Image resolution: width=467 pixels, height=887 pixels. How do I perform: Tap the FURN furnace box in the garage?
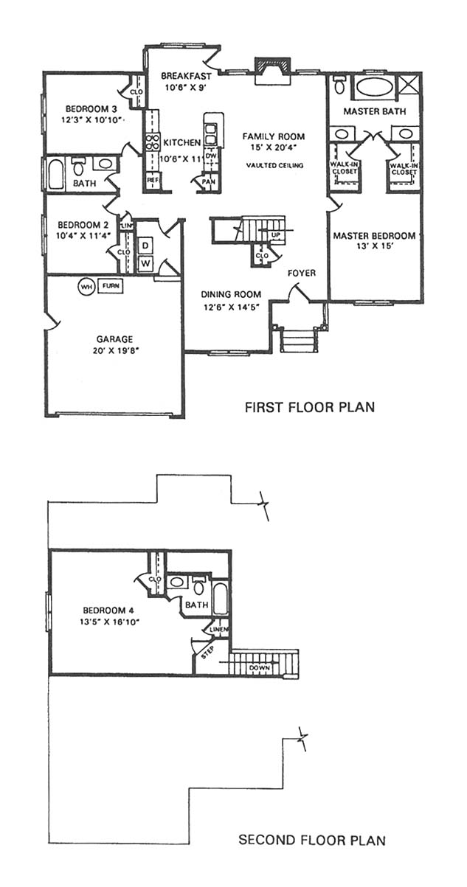tap(110, 286)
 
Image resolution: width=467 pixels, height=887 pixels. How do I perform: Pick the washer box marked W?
tap(145, 263)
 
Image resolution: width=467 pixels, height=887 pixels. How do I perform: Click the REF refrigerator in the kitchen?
tap(153, 180)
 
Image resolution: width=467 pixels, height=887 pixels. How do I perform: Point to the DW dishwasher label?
tap(211, 156)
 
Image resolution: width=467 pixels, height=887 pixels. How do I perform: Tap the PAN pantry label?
tap(208, 182)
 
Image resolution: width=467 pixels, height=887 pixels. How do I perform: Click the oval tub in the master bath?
tap(374, 87)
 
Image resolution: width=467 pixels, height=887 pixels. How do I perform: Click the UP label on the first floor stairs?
tap(276, 235)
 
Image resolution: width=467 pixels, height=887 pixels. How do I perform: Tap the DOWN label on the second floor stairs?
tap(260, 668)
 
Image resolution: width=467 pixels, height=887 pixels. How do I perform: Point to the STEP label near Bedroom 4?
tap(207, 653)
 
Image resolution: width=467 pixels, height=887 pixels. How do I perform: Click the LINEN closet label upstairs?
tap(218, 629)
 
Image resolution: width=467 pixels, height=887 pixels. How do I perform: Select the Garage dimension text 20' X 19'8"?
tap(114, 350)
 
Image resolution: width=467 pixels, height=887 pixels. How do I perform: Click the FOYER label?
tap(302, 274)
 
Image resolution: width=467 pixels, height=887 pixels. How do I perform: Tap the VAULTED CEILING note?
tap(274, 165)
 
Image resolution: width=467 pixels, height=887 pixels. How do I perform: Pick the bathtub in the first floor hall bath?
tap(57, 173)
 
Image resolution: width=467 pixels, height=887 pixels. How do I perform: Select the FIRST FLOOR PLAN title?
tap(309, 407)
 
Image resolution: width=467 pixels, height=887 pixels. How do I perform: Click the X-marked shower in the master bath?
tap(409, 83)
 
